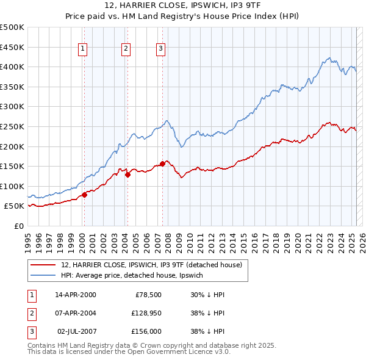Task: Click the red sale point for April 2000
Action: tap(84, 195)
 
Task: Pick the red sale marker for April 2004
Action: tap(127, 175)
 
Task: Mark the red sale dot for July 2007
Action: tap(162, 164)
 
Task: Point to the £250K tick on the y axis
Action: tap(12, 126)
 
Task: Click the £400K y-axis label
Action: tap(12, 67)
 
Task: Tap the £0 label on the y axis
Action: tap(19, 226)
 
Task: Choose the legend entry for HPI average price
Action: tap(135, 275)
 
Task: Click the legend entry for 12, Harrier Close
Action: tap(151, 265)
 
